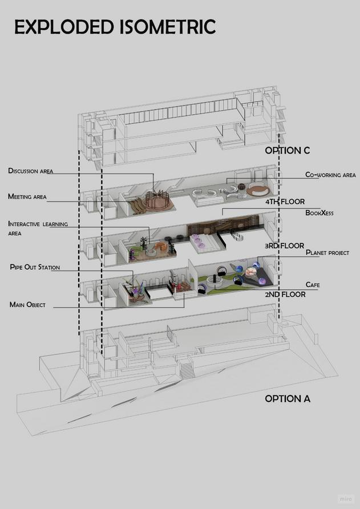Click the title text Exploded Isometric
[115, 27]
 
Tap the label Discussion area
[31, 171]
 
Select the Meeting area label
[27, 197]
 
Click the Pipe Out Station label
[35, 267]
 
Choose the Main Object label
[27, 305]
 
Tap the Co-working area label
[330, 175]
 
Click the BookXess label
[319, 213]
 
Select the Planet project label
[327, 252]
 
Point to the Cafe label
[313, 284]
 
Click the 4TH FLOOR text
[285, 201]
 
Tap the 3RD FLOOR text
[284, 246]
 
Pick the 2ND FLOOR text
[285, 294]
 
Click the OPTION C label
[287, 151]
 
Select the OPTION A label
[288, 398]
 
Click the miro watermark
[345, 498]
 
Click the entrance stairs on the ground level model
[186, 370]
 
